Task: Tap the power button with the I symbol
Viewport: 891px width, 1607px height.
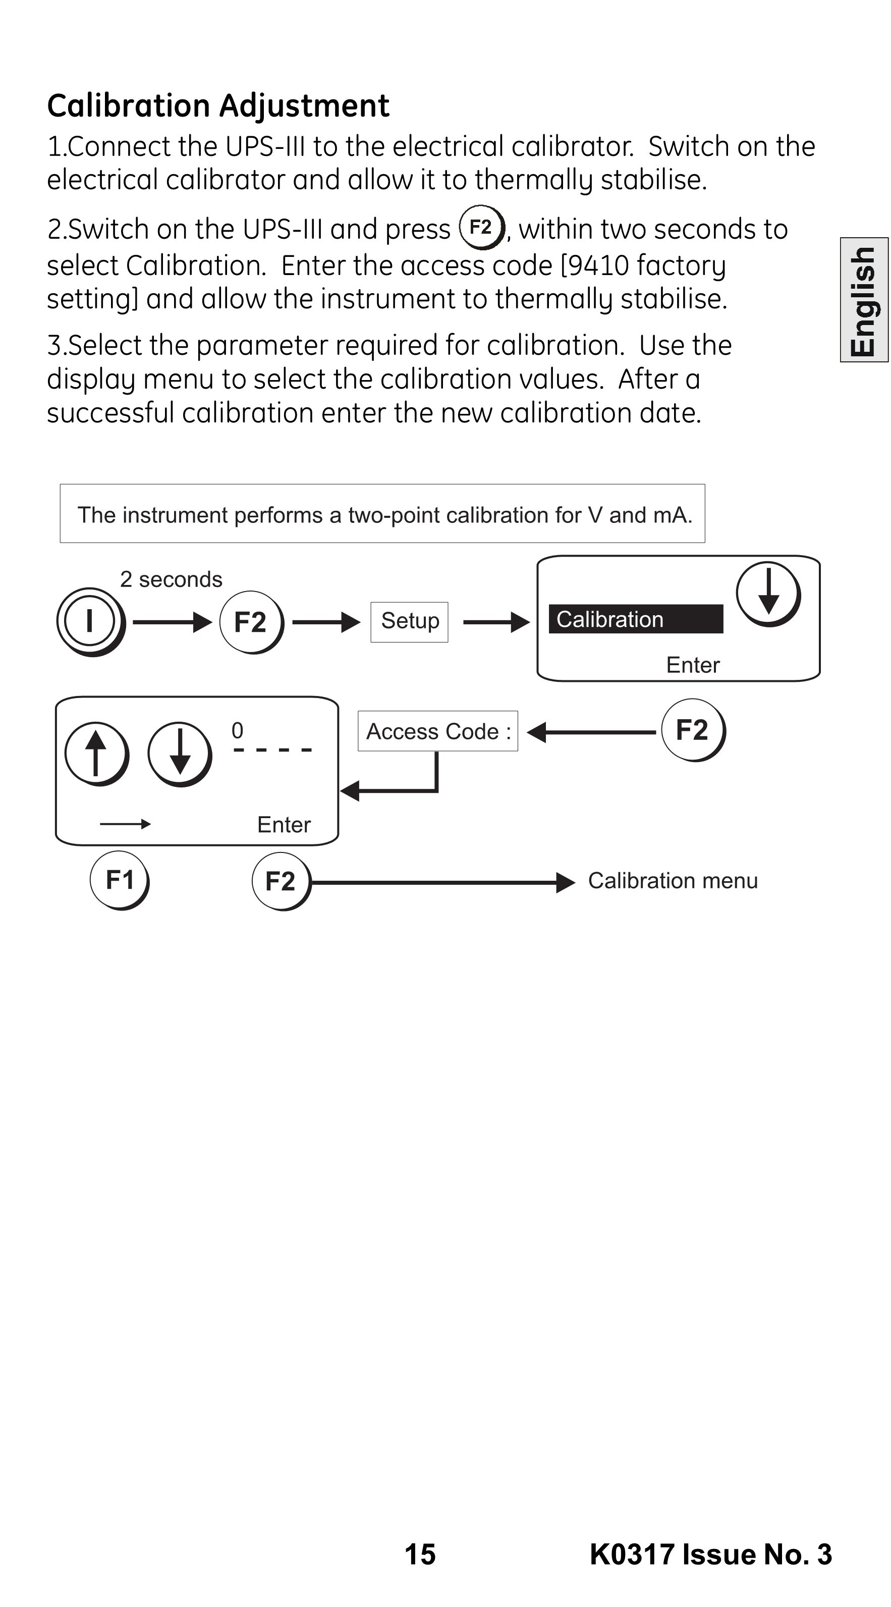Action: coord(91,621)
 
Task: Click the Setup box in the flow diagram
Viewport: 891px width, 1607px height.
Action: coord(409,621)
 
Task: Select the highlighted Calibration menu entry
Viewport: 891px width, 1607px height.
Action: coord(635,619)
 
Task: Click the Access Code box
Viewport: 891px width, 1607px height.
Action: coord(438,731)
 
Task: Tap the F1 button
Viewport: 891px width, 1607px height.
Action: coord(120,880)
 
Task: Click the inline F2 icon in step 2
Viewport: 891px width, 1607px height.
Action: coord(481,227)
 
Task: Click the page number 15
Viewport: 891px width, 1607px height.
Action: coord(420,1554)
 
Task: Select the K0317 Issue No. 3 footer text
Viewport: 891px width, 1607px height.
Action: coord(711,1554)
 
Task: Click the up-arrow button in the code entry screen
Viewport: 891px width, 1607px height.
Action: coord(97,754)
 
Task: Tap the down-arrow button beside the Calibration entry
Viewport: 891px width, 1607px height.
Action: coord(768,594)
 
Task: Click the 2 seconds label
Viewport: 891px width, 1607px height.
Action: coord(171,579)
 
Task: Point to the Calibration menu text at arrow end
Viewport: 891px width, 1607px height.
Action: coord(673,880)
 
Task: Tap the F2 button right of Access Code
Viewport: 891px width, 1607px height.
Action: coord(693,730)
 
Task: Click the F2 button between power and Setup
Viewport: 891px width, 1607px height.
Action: coord(251,622)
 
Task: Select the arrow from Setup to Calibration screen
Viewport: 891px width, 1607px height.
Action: coord(496,622)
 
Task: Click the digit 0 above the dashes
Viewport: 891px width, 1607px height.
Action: coord(238,730)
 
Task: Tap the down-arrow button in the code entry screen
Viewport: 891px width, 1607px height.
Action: coord(180,754)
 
